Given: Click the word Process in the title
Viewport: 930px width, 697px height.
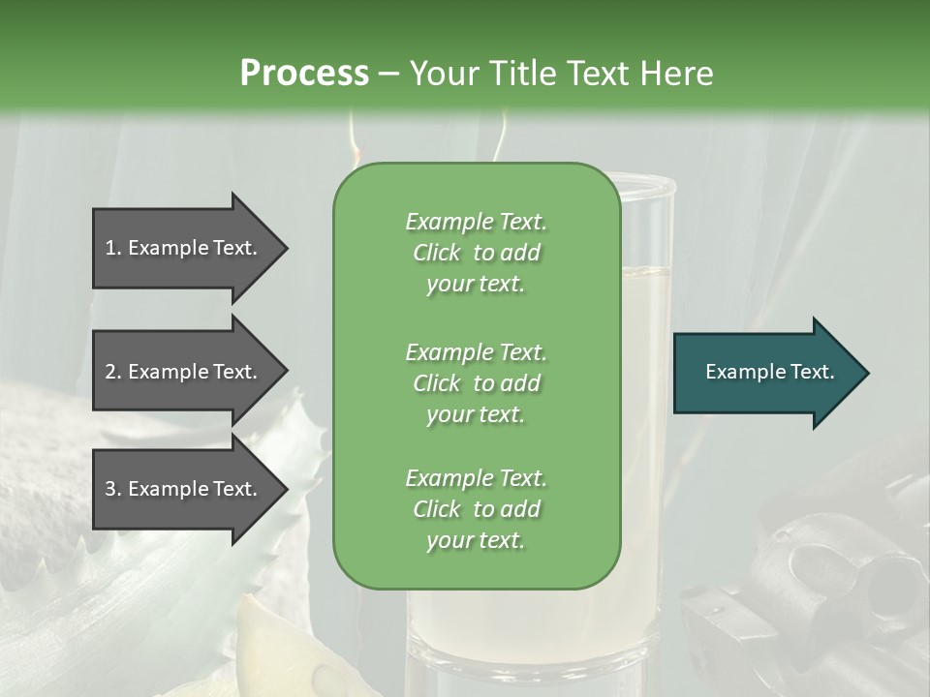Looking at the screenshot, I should [x=304, y=73].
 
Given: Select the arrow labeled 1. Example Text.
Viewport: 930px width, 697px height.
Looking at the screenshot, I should [x=184, y=248].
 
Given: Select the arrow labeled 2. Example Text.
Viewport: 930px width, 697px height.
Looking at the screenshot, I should [x=184, y=372].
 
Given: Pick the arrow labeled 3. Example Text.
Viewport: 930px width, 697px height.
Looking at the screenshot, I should [x=184, y=489].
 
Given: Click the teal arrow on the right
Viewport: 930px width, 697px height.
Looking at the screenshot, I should [x=765, y=373].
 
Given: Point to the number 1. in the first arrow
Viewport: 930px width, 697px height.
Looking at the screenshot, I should [x=113, y=248].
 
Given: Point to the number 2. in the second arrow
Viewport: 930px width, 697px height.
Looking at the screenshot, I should [x=113, y=372].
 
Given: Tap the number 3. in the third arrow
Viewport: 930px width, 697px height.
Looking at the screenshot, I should [x=113, y=489].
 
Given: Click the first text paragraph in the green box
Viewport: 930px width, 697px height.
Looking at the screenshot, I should [x=476, y=253].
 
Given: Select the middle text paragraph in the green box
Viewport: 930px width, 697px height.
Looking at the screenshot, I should [x=476, y=383].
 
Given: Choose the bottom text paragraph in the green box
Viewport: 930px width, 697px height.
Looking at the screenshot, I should [x=476, y=509].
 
